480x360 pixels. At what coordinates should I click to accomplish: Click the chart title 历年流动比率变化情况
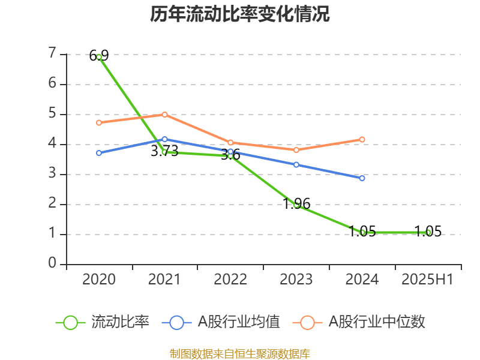(x=240, y=14)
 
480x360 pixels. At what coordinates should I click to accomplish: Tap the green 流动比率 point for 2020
(x=99, y=56)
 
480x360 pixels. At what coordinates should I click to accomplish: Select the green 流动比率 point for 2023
(x=296, y=205)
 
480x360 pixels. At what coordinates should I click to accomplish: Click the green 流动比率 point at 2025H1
(x=428, y=232)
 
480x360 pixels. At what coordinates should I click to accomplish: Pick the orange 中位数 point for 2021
(x=164, y=114)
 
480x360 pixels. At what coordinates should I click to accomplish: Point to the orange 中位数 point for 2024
(x=362, y=139)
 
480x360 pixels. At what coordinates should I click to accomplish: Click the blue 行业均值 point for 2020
(x=99, y=153)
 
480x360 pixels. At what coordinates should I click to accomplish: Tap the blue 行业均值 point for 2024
(x=362, y=178)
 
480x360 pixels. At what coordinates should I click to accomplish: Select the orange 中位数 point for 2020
(x=99, y=122)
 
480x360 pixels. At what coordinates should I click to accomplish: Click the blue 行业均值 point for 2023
(x=296, y=164)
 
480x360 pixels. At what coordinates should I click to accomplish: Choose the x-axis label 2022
(x=230, y=280)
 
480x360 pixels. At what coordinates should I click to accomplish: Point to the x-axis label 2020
(x=99, y=280)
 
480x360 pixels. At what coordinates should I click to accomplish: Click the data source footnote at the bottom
(x=240, y=353)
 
